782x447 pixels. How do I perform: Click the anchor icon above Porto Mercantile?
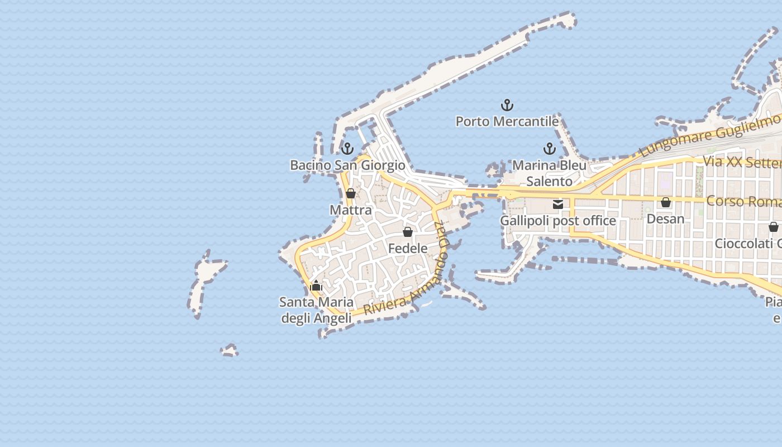(x=507, y=105)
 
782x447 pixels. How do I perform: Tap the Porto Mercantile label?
(x=507, y=121)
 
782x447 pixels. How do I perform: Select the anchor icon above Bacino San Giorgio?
(x=347, y=149)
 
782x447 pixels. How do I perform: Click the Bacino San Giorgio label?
(x=347, y=165)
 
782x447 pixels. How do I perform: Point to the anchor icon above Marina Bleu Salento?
(x=550, y=149)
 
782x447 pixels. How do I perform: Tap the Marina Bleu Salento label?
(x=550, y=173)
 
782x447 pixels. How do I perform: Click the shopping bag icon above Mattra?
(x=351, y=194)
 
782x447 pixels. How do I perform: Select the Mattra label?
(x=351, y=210)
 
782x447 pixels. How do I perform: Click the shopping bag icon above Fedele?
(x=408, y=232)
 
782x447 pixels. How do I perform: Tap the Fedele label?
(x=408, y=248)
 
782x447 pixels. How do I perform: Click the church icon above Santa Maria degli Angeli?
(x=316, y=286)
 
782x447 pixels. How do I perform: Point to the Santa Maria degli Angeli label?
(x=316, y=310)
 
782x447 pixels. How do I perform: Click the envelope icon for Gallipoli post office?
(x=557, y=205)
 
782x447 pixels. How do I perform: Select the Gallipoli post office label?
(x=557, y=221)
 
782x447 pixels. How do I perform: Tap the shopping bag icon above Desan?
(x=665, y=202)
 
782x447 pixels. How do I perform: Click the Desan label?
(x=665, y=218)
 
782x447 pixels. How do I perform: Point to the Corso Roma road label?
(x=743, y=201)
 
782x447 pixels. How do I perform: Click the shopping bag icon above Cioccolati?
(x=773, y=227)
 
